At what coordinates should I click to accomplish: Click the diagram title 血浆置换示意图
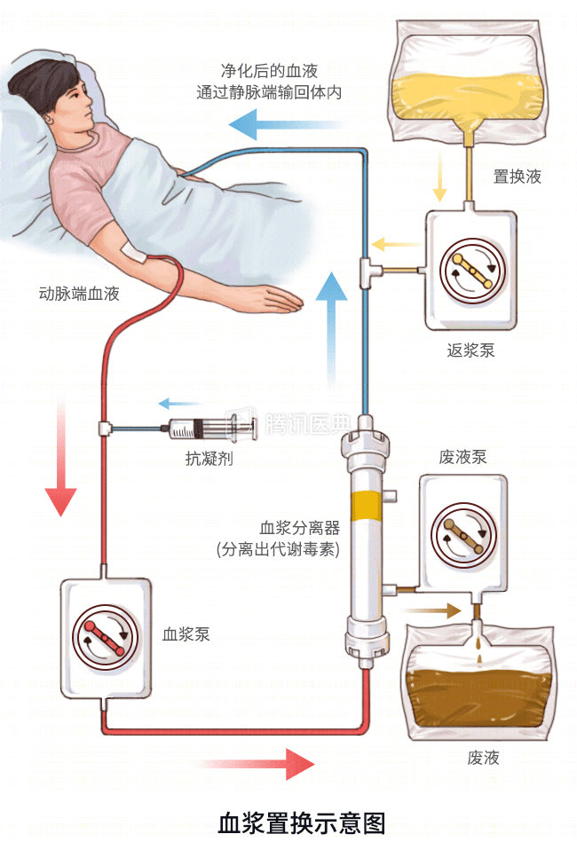click(x=303, y=822)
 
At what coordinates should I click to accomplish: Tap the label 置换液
click(x=517, y=177)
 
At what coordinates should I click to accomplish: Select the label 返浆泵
click(x=470, y=350)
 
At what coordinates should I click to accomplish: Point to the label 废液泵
click(x=462, y=458)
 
